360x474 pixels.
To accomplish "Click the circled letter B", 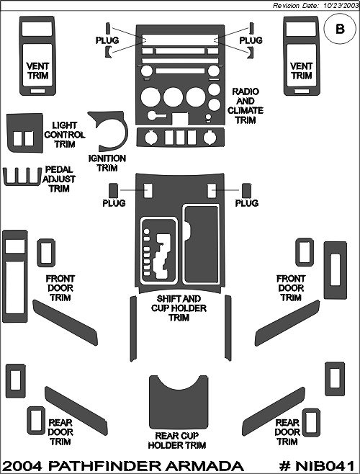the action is tap(340, 29).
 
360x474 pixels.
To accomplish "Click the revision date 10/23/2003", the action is tap(341, 6).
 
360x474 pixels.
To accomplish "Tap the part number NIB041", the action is tap(325, 466).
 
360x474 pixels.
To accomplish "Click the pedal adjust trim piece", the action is tap(22, 176).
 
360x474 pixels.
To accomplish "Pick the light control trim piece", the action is tap(24, 133).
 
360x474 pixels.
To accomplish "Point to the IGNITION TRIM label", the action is tap(107, 164).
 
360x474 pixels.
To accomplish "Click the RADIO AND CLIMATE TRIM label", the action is tap(245, 105).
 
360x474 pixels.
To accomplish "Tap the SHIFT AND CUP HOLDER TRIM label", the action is tap(179, 308).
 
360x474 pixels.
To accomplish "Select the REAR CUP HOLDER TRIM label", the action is tap(177, 440).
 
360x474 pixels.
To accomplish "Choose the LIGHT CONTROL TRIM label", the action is tap(64, 135).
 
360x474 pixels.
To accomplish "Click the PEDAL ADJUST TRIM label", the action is tap(59, 179).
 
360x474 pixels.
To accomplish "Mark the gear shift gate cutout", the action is tap(162, 256).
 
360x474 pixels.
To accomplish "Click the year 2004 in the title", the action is tap(22, 466).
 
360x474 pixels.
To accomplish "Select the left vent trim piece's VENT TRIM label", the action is tap(37, 71).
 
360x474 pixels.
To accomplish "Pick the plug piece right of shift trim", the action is tap(247, 191).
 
